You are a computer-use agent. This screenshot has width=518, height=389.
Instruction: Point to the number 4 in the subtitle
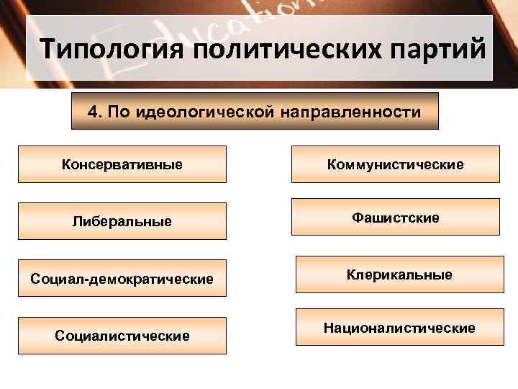pos(91,112)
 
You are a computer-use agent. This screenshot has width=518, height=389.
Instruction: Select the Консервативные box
pos(122,164)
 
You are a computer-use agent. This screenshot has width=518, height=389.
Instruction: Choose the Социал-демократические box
pos(122,278)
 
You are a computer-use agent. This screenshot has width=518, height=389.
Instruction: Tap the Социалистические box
pos(122,336)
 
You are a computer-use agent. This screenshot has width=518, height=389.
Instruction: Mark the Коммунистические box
pos(395,164)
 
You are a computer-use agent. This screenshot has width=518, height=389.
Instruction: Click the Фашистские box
pos(395,217)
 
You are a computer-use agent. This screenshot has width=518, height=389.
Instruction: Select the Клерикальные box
pos(399,274)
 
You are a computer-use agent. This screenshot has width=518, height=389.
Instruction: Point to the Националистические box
pos(399,328)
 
